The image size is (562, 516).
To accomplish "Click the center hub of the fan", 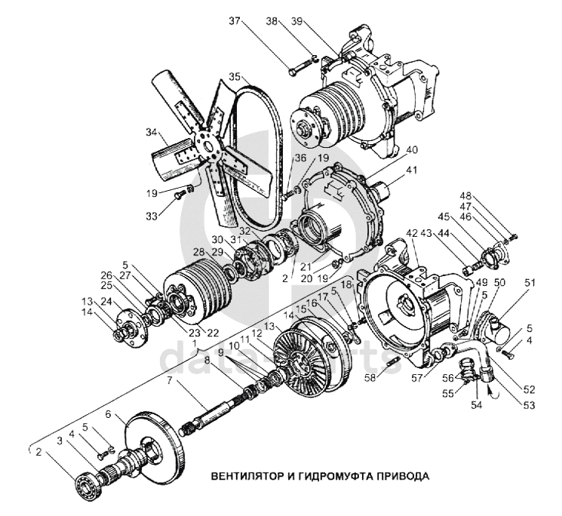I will point(202,143).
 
